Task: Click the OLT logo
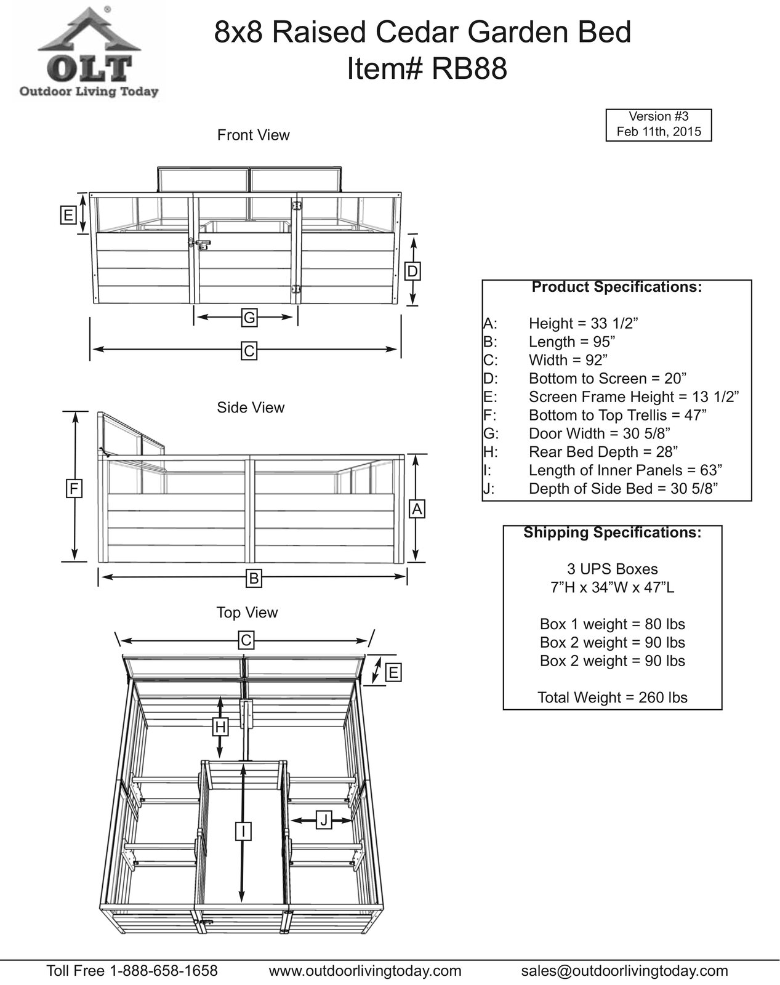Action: pos(86,53)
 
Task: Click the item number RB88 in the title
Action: pos(470,70)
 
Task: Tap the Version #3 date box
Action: pos(658,124)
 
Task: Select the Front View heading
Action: pos(253,135)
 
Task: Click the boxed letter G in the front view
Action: pos(249,318)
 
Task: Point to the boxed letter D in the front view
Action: pos(413,271)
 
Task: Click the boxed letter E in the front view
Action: pos(68,215)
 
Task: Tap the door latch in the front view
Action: pos(200,244)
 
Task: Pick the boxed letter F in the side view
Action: pos(74,489)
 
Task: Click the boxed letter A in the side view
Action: pos(417,509)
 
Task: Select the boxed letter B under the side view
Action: pos(252,578)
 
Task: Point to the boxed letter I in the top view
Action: pos(244,831)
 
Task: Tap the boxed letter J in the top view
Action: pos(324,819)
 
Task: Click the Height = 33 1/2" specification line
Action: pos(583,323)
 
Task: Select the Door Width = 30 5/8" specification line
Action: pos(599,433)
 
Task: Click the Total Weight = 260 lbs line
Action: pos(612,698)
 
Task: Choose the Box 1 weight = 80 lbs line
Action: pos(612,624)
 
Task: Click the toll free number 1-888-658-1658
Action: pos(163,971)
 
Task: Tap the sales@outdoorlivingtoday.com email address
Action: pos(624,971)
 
